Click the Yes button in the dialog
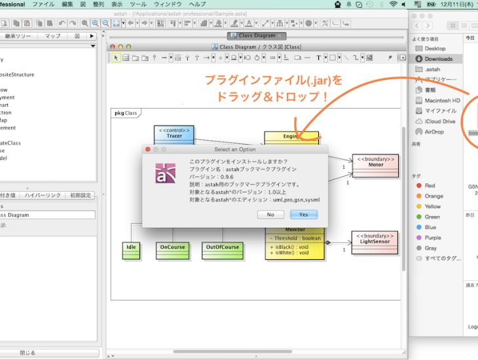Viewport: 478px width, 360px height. pos(304,215)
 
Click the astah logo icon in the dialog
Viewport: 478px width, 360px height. pos(165,172)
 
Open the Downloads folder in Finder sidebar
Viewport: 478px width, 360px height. pos(438,59)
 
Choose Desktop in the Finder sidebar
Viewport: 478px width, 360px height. pos(435,48)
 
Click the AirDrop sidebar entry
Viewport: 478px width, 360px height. pos(433,132)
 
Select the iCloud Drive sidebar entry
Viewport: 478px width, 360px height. pos(439,121)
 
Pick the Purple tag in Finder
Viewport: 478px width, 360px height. pos(432,238)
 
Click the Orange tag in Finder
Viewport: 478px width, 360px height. pos(433,196)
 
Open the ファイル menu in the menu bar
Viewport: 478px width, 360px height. pos(43,4)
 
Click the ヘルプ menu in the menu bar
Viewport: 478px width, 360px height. pos(197,4)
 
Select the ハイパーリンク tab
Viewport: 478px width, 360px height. pos(43,195)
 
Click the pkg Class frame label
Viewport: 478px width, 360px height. pos(126,113)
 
